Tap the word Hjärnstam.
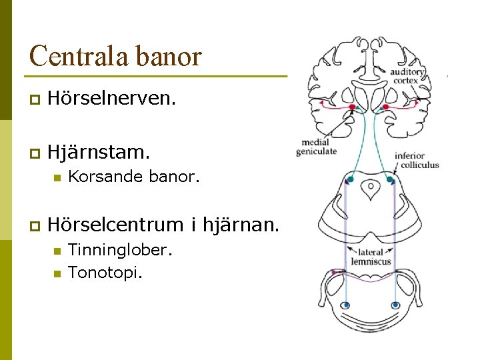coord(99,152)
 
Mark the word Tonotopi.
coord(105,272)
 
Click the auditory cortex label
coord(407,76)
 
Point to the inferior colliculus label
coord(417,161)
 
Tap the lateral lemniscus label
coord(371,257)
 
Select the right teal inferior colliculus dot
coord(391,179)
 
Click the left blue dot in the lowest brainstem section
coord(345,305)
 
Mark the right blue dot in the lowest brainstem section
coord(395,305)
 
